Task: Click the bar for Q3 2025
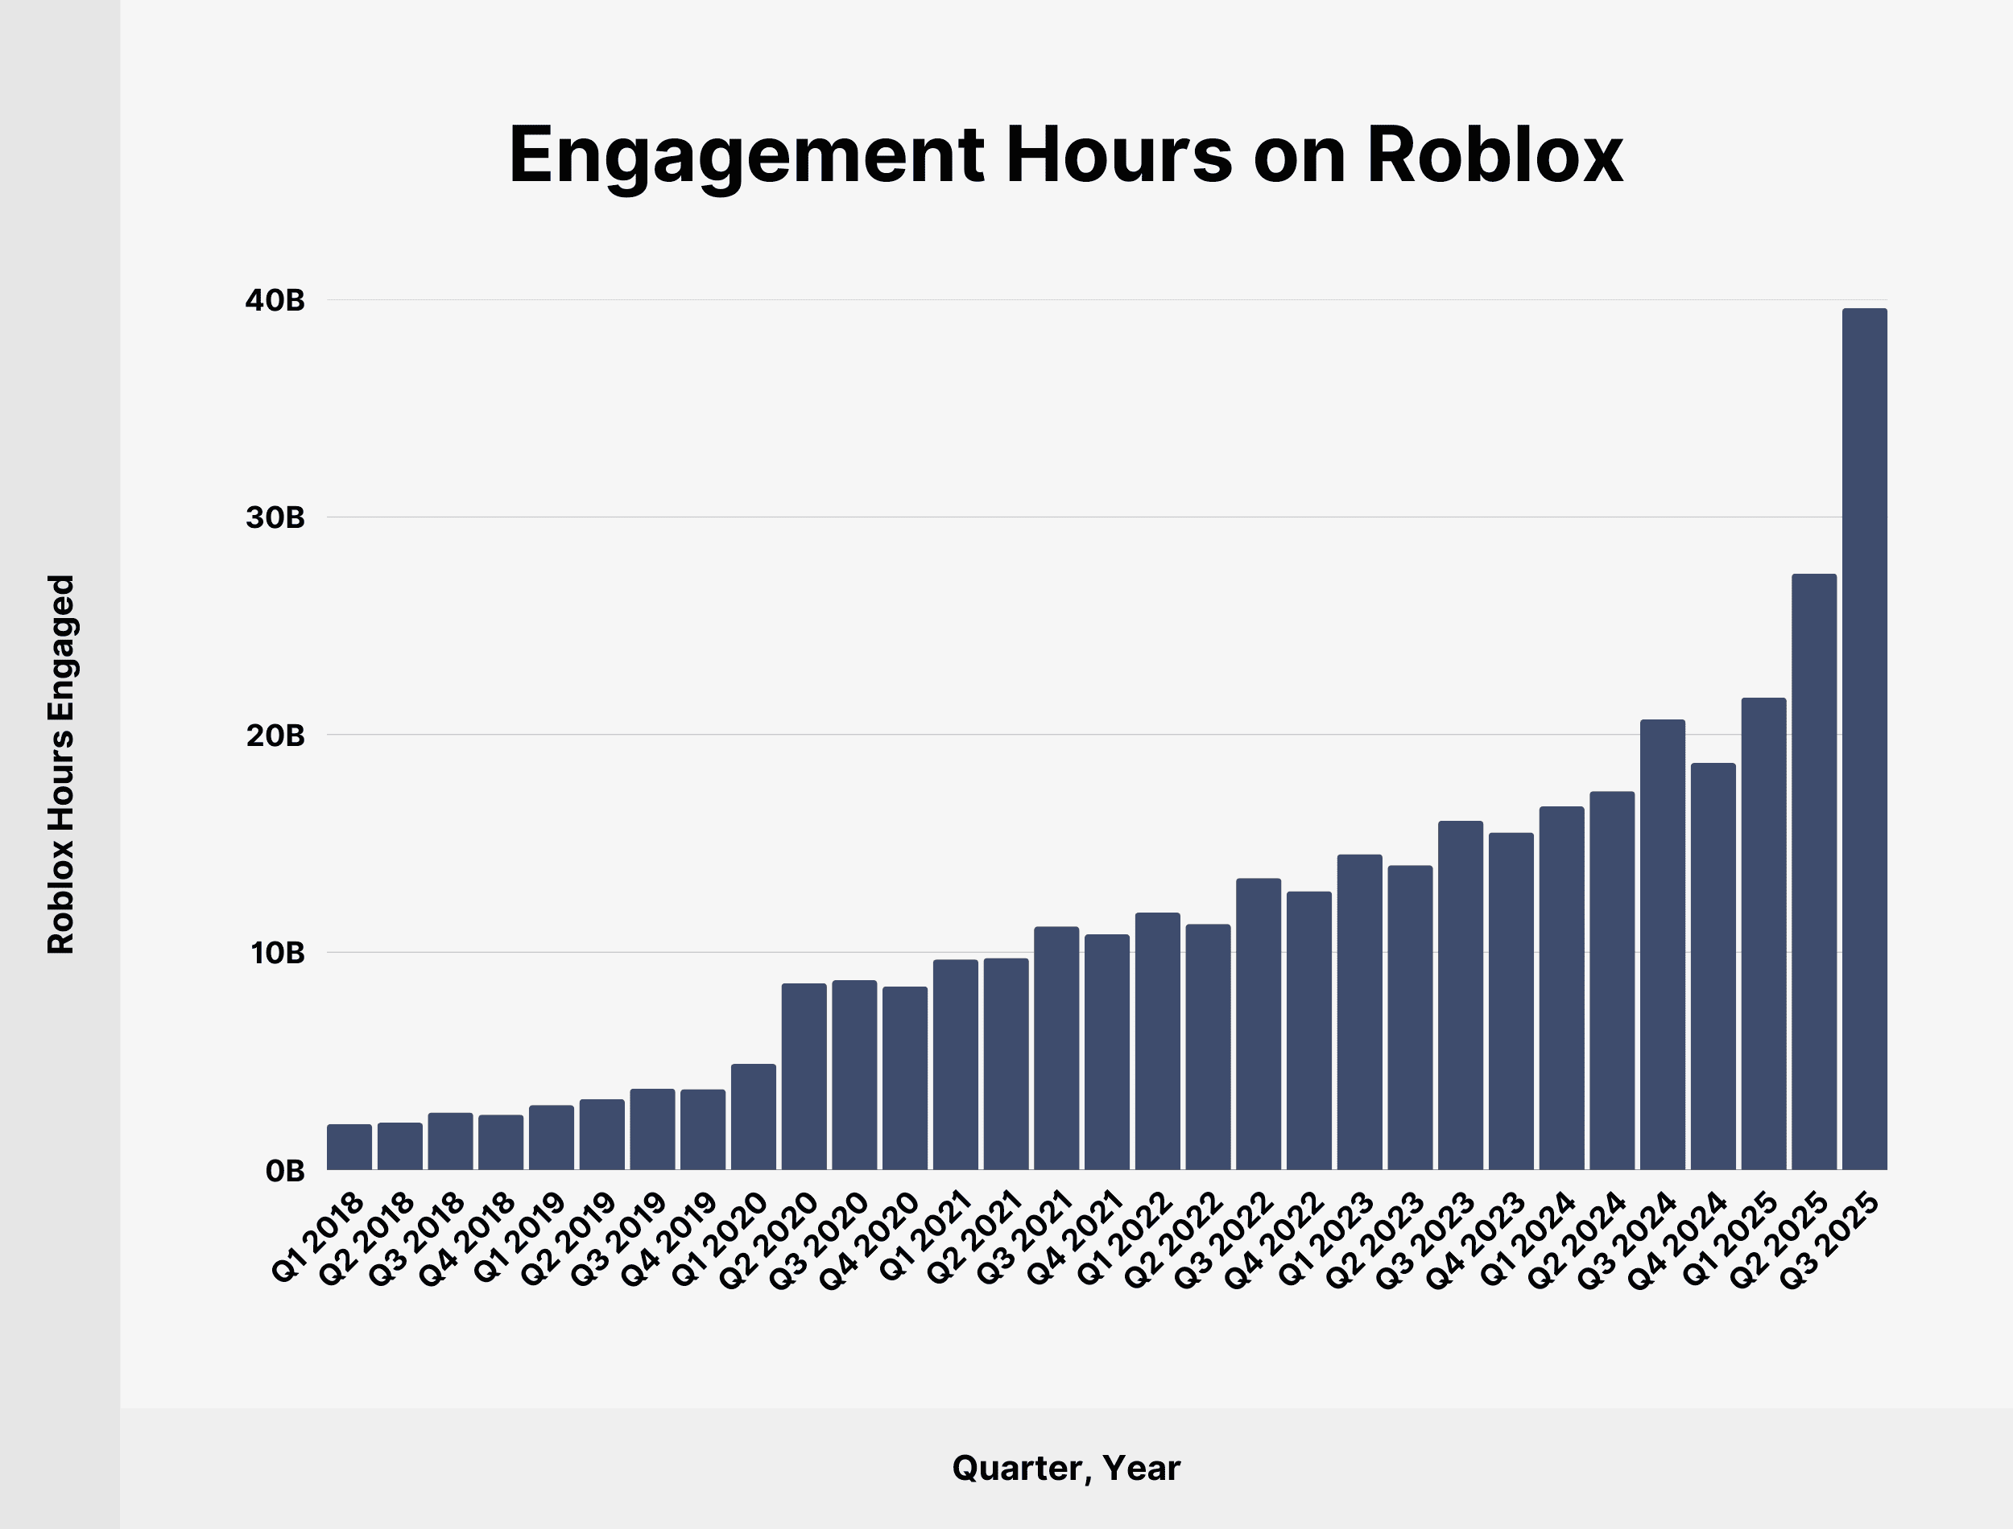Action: point(1864,739)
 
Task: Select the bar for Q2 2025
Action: point(1813,872)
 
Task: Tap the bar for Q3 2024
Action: point(1663,945)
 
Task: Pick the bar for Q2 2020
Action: point(804,1077)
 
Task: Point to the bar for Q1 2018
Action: point(349,1147)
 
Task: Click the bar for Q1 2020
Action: point(753,1117)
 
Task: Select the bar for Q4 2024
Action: point(1713,966)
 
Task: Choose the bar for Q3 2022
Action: point(1259,1024)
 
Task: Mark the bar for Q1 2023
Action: point(1359,1012)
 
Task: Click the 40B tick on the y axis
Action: point(274,300)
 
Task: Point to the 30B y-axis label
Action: point(274,518)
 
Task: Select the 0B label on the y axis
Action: point(284,1172)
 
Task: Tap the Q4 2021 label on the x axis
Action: point(1074,1239)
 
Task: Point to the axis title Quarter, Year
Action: point(1066,1468)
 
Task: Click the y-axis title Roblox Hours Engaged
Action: point(61,764)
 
